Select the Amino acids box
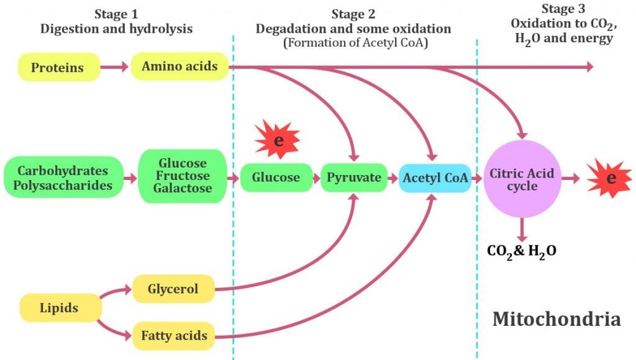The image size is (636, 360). (179, 66)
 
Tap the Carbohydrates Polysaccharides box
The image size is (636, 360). (63, 177)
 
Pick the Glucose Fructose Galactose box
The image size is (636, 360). (182, 176)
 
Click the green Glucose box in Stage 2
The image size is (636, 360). (276, 178)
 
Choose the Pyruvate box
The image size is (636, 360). (354, 178)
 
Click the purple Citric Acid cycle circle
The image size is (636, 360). (522, 178)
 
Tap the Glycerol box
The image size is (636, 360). (173, 289)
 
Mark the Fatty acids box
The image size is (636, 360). (173, 336)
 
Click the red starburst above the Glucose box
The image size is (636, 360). (278, 140)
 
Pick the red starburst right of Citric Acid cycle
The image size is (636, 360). (610, 179)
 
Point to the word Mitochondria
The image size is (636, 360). (556, 319)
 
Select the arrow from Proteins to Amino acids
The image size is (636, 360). (115, 67)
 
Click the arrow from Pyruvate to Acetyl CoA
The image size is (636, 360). (393, 178)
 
